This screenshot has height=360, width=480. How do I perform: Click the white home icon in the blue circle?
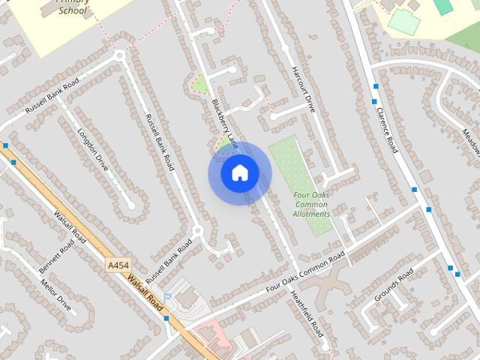click(239, 173)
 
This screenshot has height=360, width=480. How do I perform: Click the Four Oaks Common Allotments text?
click(311, 204)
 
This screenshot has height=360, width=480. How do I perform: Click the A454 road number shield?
click(118, 265)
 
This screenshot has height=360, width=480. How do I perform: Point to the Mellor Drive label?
click(56, 297)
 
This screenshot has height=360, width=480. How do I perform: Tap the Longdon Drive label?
click(93, 149)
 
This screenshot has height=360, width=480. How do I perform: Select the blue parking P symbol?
click(167, 298)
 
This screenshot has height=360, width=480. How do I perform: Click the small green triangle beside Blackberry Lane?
click(199, 85)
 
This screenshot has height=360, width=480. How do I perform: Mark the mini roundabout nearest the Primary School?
click(118, 55)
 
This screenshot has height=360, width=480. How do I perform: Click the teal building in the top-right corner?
click(444, 6)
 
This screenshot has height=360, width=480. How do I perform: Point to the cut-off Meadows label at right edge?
click(470, 143)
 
